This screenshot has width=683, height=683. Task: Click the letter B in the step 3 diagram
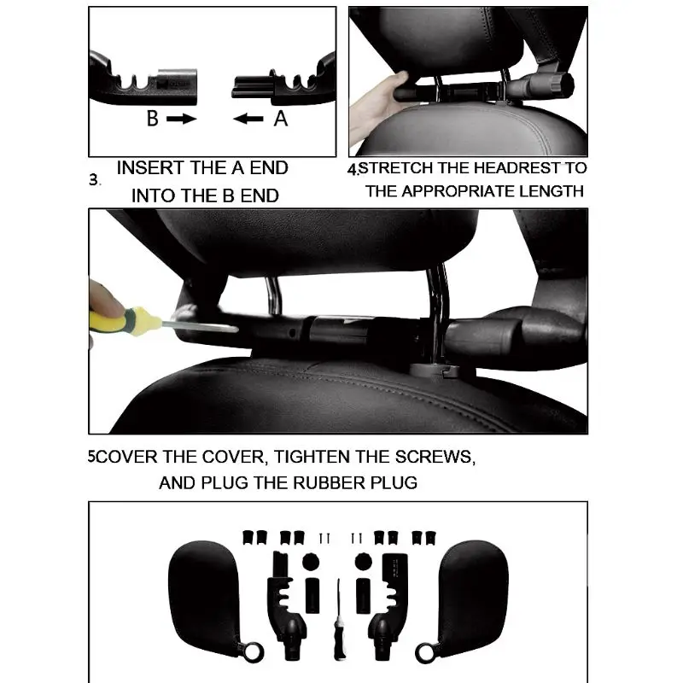pyautogui.click(x=152, y=120)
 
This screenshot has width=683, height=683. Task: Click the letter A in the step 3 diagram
pyautogui.click(x=281, y=120)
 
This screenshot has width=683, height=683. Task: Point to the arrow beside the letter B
pyautogui.click(x=181, y=120)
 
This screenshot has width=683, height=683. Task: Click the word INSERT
pyautogui.click(x=150, y=167)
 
